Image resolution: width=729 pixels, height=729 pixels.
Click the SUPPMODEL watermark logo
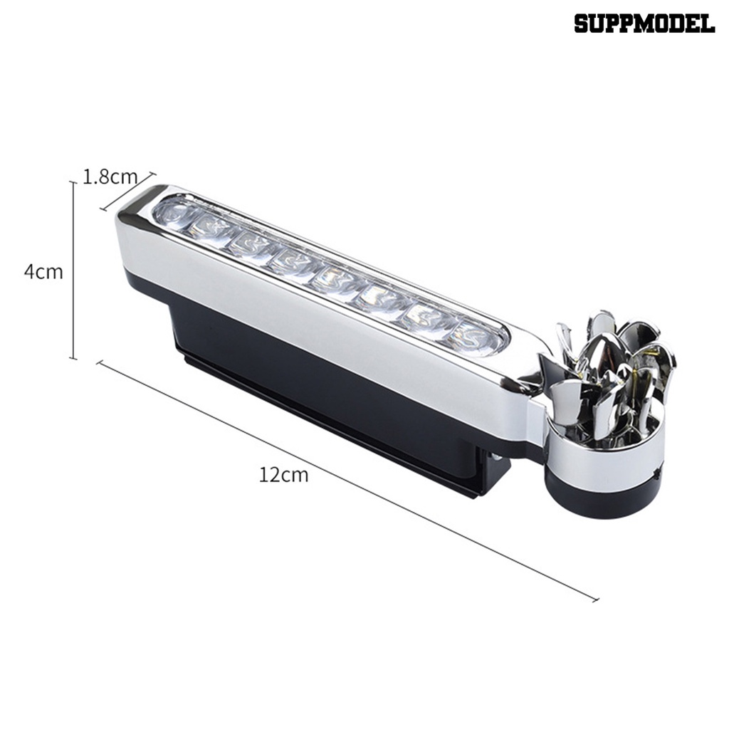click(x=644, y=23)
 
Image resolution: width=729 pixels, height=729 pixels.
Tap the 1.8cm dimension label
click(x=110, y=177)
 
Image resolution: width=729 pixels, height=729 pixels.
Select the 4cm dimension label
click(x=43, y=272)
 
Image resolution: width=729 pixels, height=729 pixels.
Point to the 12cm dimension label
click(x=284, y=475)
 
